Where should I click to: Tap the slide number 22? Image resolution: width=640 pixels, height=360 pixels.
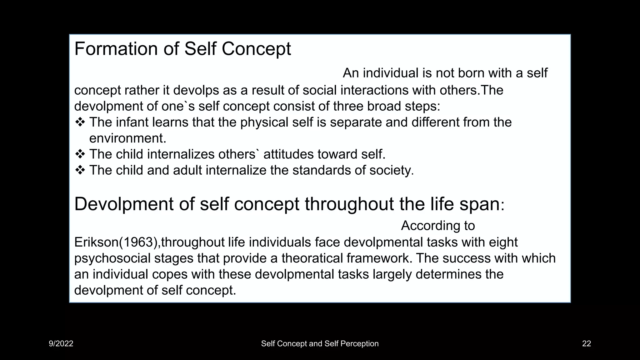586,344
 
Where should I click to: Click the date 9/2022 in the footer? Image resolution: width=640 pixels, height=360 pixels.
61,344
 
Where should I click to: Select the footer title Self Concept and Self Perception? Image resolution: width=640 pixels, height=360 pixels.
320,344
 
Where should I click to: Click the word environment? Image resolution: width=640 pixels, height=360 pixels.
127,138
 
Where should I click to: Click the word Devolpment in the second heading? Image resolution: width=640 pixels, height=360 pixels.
124,204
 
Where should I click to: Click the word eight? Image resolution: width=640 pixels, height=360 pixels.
504,242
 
